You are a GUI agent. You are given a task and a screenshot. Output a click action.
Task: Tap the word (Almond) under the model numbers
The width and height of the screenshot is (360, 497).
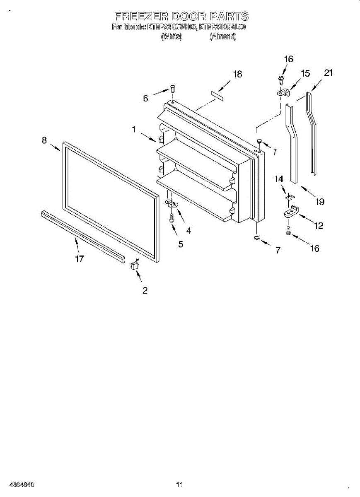(x=223, y=37)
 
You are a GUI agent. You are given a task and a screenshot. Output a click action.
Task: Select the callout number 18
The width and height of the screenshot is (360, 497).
(x=237, y=74)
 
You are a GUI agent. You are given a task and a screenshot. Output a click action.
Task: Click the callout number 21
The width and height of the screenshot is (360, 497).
(x=329, y=73)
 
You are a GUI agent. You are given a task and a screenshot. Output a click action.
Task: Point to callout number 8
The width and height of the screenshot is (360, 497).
(x=44, y=140)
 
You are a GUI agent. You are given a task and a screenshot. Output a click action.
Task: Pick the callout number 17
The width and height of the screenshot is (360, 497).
(x=80, y=259)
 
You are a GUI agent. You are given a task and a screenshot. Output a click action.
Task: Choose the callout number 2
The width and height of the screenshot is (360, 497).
(x=145, y=290)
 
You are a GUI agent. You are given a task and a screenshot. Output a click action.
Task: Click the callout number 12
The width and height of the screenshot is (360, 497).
(x=319, y=226)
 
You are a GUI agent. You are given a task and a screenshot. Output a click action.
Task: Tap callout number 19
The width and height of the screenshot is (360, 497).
(x=319, y=202)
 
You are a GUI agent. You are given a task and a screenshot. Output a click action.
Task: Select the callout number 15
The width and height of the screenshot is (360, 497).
(x=305, y=74)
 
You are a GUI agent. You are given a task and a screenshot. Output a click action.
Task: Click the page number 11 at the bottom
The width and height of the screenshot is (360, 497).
(x=179, y=484)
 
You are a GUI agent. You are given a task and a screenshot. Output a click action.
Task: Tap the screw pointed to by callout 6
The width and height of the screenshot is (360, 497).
(x=173, y=88)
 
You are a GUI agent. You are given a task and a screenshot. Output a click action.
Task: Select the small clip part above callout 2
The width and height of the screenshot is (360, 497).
(x=135, y=264)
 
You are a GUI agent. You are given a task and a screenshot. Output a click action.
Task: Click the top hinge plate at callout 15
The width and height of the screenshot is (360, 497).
(x=283, y=93)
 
